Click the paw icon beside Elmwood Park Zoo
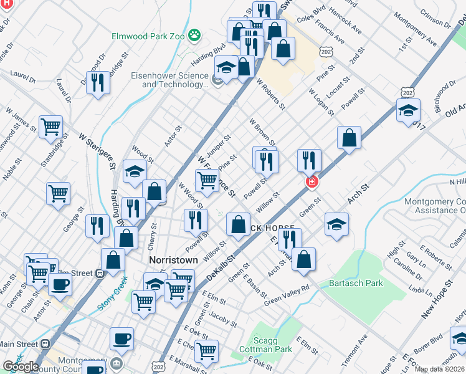(x=194, y=36)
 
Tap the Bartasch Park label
(x=356, y=284)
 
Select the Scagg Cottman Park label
(x=265, y=345)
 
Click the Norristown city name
(x=173, y=259)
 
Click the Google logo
(x=21, y=367)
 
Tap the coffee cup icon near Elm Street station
(x=60, y=284)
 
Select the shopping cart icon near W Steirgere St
(x=50, y=126)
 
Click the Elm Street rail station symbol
(x=98, y=272)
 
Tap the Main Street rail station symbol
(x=45, y=343)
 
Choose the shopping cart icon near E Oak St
(x=206, y=350)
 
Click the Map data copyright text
(x=440, y=369)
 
